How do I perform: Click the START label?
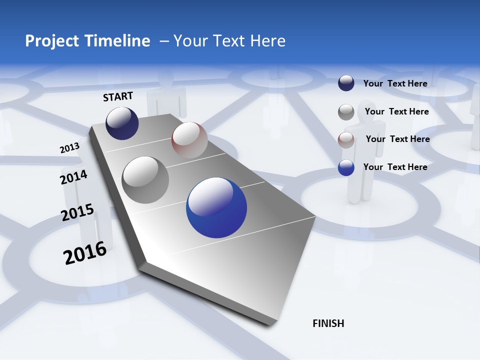(x=118, y=96)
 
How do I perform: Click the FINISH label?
(x=328, y=323)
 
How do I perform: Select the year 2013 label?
(x=69, y=148)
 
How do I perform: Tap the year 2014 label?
(x=73, y=177)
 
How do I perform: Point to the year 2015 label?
(x=77, y=212)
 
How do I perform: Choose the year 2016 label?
(x=85, y=252)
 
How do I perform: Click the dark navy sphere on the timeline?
(x=122, y=123)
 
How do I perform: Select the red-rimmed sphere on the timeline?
(x=189, y=140)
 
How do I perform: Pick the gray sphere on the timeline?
(x=145, y=180)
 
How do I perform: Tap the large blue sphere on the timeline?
(x=216, y=207)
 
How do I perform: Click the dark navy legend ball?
(x=346, y=83)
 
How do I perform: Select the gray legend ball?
(x=346, y=112)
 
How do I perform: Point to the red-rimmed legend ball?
(x=346, y=140)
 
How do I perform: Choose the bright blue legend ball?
(x=346, y=167)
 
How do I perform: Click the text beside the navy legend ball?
(x=395, y=83)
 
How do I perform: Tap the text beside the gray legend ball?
(x=396, y=111)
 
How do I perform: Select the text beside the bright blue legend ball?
(x=395, y=167)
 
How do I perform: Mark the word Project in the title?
(x=50, y=41)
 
